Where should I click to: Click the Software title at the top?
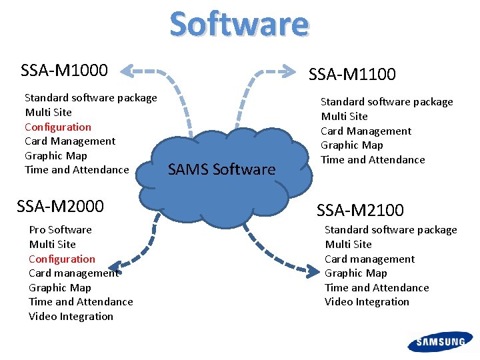click(x=239, y=23)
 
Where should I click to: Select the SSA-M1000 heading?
click(x=65, y=69)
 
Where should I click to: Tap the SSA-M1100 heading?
click(x=352, y=74)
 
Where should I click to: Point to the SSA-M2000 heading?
click(x=60, y=206)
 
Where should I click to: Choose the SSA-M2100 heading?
click(x=360, y=210)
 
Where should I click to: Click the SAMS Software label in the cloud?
click(x=221, y=169)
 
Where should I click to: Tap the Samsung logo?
click(x=441, y=342)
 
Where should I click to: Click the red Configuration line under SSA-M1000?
click(x=58, y=127)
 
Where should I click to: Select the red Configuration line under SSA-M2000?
click(x=62, y=259)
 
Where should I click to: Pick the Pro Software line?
click(x=61, y=229)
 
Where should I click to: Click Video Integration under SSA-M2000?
click(x=71, y=316)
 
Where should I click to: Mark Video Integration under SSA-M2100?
click(x=367, y=301)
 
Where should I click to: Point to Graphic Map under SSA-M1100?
click(x=352, y=145)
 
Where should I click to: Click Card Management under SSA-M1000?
click(x=70, y=141)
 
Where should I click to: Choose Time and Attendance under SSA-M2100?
click(x=377, y=287)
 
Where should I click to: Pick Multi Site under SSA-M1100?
click(x=345, y=116)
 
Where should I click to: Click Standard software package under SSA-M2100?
click(x=391, y=229)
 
